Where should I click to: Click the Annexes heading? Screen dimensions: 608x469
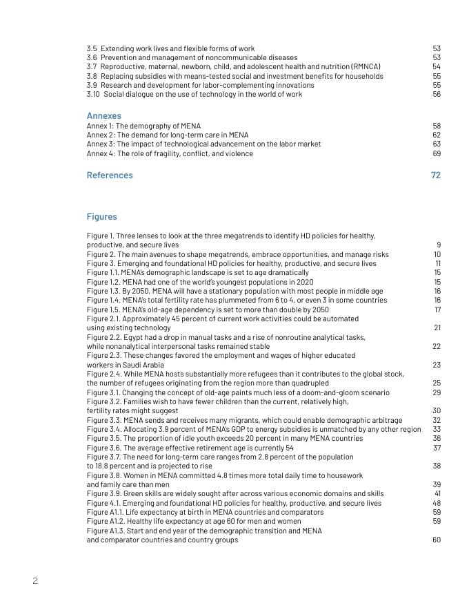coord(103,116)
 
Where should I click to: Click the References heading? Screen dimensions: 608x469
coord(110,175)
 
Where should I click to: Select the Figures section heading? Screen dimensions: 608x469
coord(101,217)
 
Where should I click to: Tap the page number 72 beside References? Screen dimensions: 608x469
coord(435,175)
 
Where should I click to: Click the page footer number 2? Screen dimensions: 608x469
coord(35,581)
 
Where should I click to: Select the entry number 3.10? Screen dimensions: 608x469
coord(93,95)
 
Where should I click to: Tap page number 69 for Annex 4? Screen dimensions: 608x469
coord(437,153)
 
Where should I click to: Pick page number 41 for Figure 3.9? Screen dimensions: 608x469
coord(437,494)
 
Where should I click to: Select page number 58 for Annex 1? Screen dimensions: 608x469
coord(437,126)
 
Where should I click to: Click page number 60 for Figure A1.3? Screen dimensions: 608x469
coord(437,540)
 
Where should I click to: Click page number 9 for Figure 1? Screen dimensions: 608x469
coord(439,245)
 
